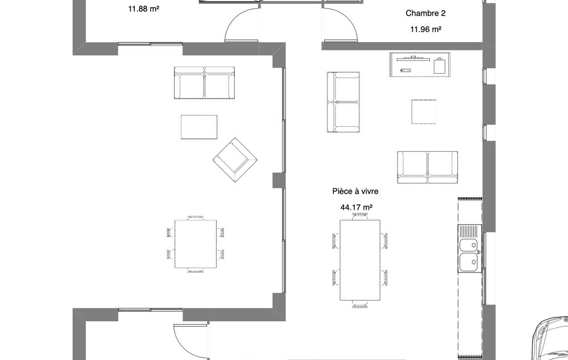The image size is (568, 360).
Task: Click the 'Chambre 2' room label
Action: click(425, 13)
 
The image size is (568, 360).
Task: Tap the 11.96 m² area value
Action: click(426, 29)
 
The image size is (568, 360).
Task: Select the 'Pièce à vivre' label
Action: click(355, 191)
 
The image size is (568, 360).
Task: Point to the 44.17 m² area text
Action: click(356, 208)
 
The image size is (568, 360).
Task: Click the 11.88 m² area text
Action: click(144, 9)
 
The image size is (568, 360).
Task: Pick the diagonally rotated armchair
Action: click(235, 160)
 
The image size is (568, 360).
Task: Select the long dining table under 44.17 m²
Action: click(360, 260)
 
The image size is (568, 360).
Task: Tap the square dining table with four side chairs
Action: click(196, 244)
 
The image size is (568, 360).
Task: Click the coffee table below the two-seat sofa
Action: click(199, 127)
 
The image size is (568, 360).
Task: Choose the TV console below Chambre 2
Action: click(420, 64)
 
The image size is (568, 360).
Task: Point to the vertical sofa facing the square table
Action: click(344, 102)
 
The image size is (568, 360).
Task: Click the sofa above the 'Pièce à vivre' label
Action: click(427, 167)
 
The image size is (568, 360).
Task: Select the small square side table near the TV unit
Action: click(423, 111)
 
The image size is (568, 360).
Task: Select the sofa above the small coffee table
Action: click(204, 83)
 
